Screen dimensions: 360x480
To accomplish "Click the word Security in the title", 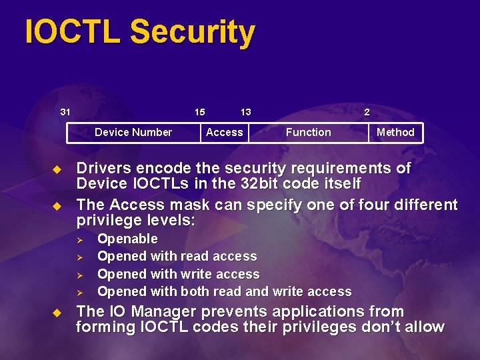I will click(193, 33).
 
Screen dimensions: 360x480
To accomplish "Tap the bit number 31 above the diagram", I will click(65, 112).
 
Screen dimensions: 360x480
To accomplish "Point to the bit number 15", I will click(199, 112).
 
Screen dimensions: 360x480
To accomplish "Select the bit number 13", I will click(245, 112).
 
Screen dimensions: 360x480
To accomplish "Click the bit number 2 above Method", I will click(367, 112).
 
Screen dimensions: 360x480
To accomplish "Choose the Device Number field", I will click(133, 132).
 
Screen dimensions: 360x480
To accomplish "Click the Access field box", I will click(225, 132).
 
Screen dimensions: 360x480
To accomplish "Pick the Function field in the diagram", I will click(308, 132).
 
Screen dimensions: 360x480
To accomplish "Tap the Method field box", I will click(395, 132).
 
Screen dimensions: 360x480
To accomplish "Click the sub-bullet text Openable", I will click(127, 239).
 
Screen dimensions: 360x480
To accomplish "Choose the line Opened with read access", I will click(177, 256).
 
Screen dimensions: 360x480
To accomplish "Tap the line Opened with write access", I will click(178, 274).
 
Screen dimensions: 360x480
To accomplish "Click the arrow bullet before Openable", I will click(78, 239).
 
